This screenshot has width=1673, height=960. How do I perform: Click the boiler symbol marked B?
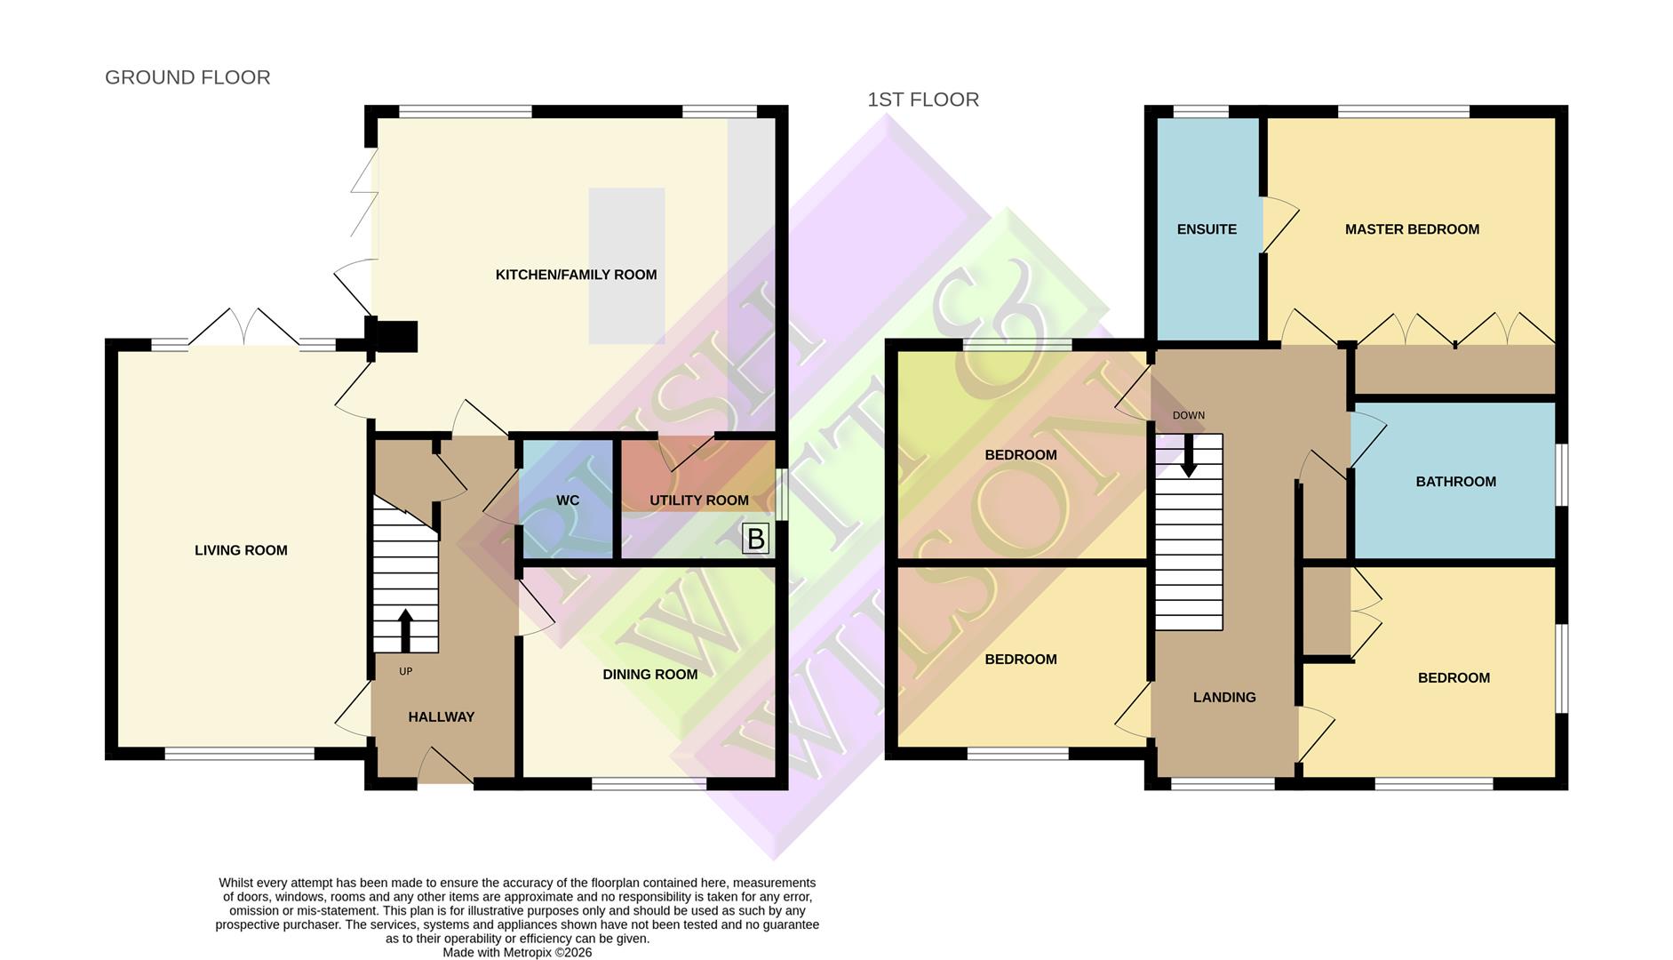(755, 539)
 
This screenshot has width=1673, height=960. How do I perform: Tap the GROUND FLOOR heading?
(187, 77)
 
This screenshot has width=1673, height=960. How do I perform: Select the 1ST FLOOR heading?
(923, 100)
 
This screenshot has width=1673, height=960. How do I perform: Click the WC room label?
(568, 500)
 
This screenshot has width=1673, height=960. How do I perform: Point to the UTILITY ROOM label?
(698, 500)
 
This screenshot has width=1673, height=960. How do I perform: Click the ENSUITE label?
(1206, 229)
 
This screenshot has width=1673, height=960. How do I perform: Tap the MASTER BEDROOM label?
(1412, 229)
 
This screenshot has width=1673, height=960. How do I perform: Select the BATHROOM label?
(1455, 482)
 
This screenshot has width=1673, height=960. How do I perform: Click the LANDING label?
(1223, 698)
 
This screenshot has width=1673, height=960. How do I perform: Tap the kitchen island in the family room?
(626, 265)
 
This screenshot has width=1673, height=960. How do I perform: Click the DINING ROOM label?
(649, 675)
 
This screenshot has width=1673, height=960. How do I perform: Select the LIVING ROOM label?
(241, 551)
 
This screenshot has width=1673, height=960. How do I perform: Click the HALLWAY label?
(441, 717)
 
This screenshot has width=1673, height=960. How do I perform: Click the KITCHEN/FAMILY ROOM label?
(576, 276)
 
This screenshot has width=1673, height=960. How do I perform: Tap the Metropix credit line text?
(517, 952)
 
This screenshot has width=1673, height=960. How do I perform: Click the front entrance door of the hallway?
(445, 768)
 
